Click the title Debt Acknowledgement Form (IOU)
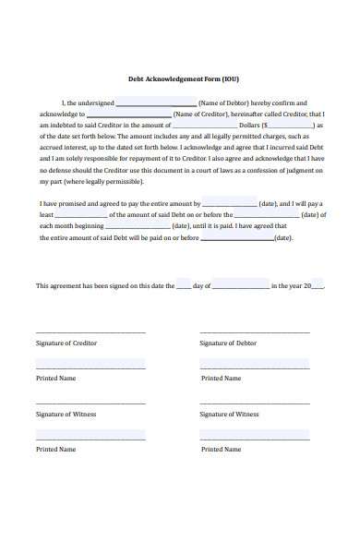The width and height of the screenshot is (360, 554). click(180, 78)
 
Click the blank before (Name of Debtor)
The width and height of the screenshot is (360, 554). click(156, 103)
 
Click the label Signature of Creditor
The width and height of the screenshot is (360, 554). click(66, 343)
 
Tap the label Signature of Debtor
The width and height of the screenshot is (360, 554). click(228, 343)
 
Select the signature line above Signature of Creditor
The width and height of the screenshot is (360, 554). click(90, 332)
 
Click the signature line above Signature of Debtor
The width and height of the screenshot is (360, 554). click(255, 332)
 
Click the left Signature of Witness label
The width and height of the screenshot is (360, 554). click(66, 415)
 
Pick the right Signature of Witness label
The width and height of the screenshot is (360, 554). click(229, 415)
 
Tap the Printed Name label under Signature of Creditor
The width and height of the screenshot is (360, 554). click(55, 379)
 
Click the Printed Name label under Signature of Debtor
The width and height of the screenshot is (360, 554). click(221, 379)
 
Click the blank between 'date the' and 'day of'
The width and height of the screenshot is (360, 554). click(183, 286)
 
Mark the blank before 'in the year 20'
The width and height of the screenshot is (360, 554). click(240, 287)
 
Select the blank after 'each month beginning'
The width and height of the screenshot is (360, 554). click(138, 226)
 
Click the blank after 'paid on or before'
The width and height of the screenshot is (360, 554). click(236, 238)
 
